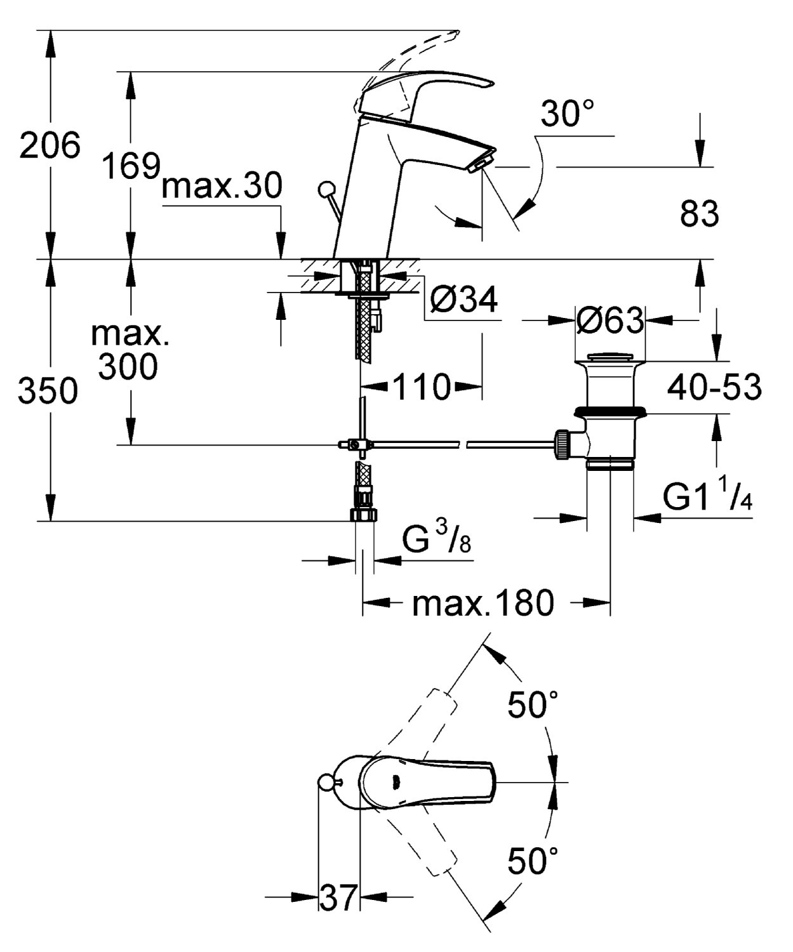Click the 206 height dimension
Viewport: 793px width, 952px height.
point(50,146)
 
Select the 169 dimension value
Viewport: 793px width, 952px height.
point(131,166)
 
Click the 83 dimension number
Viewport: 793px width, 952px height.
point(699,214)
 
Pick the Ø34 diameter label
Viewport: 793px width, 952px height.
point(463,301)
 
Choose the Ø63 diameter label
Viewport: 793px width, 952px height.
point(610,321)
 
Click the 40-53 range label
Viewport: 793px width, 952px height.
point(714,387)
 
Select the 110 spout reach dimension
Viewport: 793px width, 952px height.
point(422,386)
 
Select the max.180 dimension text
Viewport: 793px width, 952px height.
point(483,603)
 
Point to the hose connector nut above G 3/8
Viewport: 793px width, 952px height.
point(363,513)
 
